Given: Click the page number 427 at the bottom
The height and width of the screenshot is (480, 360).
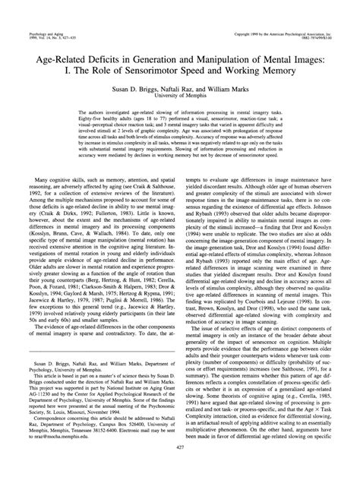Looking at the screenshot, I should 180,469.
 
